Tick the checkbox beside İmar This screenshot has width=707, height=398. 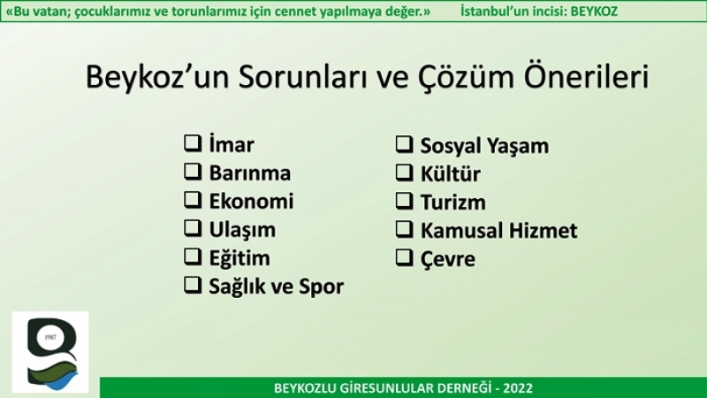[x=193, y=143]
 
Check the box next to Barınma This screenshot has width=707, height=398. [x=193, y=172]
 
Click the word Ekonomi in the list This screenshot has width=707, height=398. [x=251, y=202]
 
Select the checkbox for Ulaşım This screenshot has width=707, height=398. [x=193, y=228]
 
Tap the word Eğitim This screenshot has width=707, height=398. [x=239, y=258]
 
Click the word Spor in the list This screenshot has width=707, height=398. [x=321, y=287]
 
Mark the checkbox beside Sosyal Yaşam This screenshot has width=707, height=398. [x=404, y=144]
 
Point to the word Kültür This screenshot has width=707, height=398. [x=451, y=174]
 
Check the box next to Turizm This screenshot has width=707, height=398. [x=404, y=202]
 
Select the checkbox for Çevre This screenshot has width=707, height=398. [x=404, y=257]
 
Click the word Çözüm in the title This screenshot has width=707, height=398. [x=466, y=77]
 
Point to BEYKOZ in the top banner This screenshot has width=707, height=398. [x=594, y=11]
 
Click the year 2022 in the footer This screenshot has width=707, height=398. [x=518, y=388]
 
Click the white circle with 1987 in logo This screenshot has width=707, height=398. [x=50, y=337]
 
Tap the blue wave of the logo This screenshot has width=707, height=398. [x=62, y=382]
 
